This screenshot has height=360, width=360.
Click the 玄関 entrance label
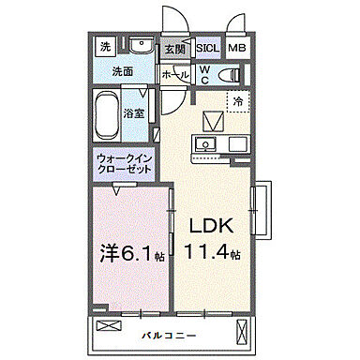pos(173,49)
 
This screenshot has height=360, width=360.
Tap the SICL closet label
pos(208,48)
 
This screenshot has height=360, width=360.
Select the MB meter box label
pos(237,48)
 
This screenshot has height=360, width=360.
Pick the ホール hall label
pos(172,73)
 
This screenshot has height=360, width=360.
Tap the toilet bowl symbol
pos(229,75)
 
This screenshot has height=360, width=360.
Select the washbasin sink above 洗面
pos(142,46)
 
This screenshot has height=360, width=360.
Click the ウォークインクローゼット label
pos(126,165)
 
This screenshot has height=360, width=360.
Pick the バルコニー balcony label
pos(169,333)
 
